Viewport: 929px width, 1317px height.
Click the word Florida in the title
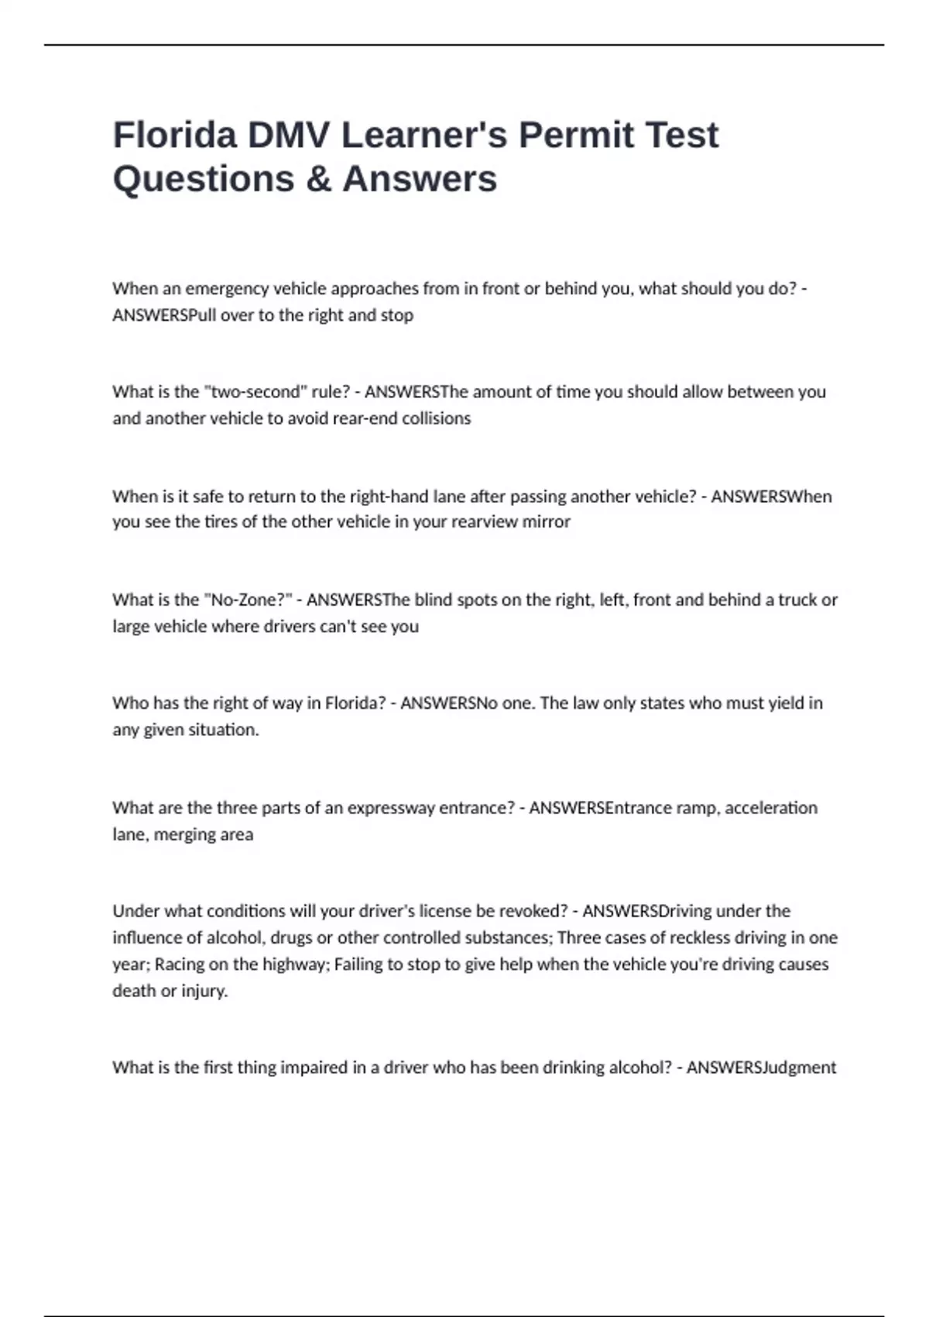coord(175,135)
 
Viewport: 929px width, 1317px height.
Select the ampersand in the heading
coord(318,179)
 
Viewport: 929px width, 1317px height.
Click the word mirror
coord(546,522)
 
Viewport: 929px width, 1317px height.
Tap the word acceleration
coord(771,808)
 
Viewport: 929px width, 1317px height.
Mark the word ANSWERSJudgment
coord(761,1068)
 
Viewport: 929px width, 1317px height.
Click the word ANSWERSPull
coord(165,315)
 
